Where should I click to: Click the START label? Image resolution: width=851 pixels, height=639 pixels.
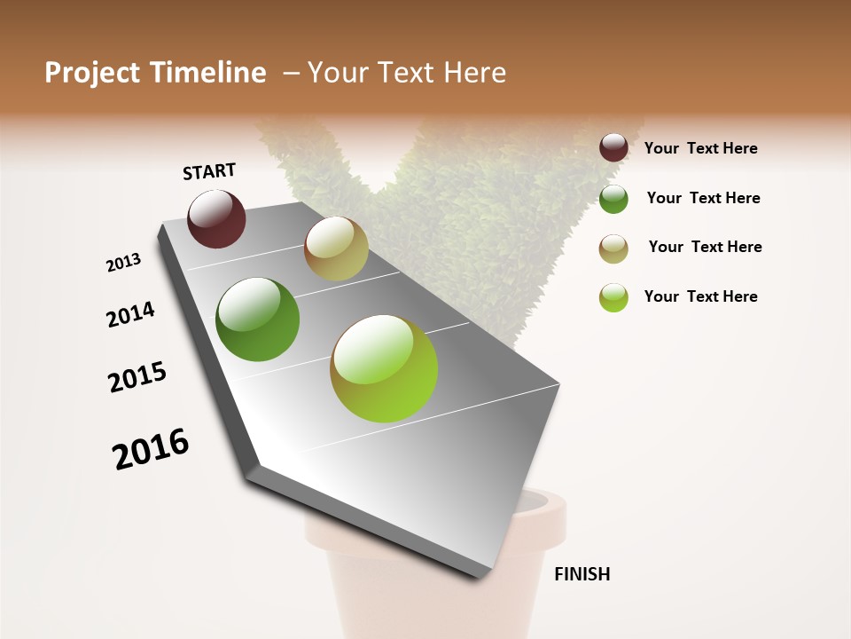209,171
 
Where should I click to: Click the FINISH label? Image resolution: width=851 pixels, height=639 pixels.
582,574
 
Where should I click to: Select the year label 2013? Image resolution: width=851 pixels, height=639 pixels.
123,263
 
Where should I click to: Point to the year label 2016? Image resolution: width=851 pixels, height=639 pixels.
151,448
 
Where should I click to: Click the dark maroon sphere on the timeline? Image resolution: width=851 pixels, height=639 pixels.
216,218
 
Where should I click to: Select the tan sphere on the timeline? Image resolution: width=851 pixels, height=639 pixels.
336,248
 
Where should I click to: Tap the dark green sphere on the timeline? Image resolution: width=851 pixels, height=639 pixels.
258,319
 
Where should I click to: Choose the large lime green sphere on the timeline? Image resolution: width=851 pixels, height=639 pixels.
384,368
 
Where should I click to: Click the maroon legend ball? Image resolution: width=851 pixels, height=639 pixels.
613,147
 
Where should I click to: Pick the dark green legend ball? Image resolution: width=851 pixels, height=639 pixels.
613,199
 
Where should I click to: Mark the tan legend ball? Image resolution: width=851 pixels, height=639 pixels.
613,248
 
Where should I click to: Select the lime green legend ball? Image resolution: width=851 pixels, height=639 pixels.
613,297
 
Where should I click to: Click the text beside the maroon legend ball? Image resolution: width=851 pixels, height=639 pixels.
700,148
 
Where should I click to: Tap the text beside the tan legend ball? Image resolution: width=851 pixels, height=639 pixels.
705,247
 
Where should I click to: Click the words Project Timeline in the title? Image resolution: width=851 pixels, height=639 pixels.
155,73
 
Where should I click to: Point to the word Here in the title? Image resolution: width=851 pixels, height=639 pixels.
474,73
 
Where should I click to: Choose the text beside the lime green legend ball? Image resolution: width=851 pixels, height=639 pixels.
700,296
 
